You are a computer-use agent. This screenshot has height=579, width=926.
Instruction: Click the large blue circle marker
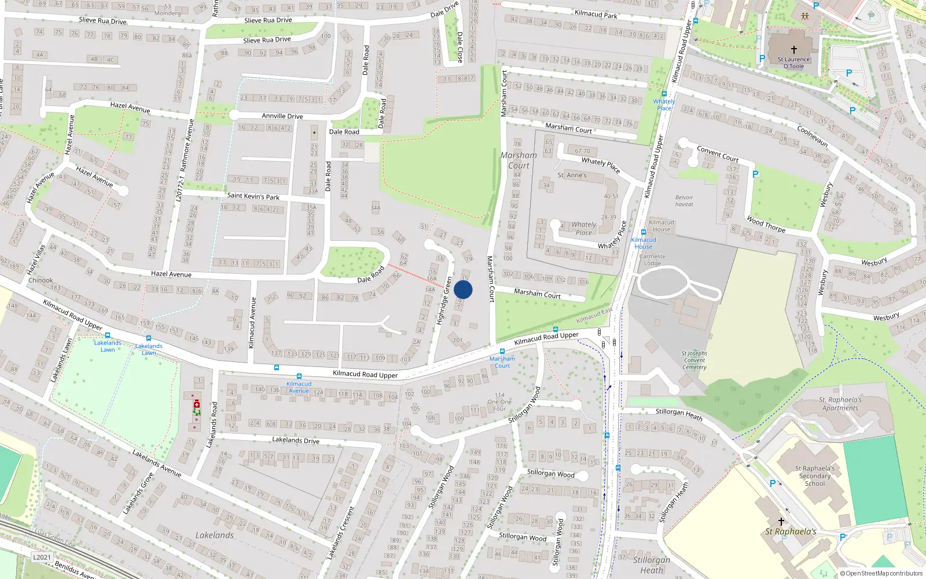coord(463,289)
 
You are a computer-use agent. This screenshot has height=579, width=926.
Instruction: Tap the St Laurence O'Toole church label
coord(793,63)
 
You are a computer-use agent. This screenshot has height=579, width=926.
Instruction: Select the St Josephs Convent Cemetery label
coord(694,360)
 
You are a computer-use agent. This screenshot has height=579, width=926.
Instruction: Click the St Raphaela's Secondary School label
coord(814,476)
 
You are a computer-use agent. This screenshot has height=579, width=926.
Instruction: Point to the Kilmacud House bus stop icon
coord(643,233)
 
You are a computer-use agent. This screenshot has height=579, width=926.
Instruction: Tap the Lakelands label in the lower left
coord(214,536)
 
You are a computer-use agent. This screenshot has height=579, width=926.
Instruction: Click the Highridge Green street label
coord(444,300)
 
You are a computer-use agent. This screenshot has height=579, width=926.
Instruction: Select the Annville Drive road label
coord(282,116)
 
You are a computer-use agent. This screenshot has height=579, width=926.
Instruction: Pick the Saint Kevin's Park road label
coord(253,196)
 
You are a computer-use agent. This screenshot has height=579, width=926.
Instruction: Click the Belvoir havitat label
coord(684,201)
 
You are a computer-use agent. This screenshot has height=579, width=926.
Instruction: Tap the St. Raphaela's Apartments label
coord(840,404)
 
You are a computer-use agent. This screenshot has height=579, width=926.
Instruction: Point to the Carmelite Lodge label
coord(652,260)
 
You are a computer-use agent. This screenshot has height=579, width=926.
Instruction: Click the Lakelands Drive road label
coord(295,440)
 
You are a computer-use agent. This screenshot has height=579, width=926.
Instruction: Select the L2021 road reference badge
coord(41,557)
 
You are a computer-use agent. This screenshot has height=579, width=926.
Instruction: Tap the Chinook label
coord(41,280)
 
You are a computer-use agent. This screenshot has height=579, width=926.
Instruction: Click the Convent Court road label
coord(717,154)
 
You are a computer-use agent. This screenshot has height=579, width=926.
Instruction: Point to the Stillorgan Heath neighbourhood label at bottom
coord(651,565)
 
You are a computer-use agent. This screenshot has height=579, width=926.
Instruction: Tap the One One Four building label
coord(499,402)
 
